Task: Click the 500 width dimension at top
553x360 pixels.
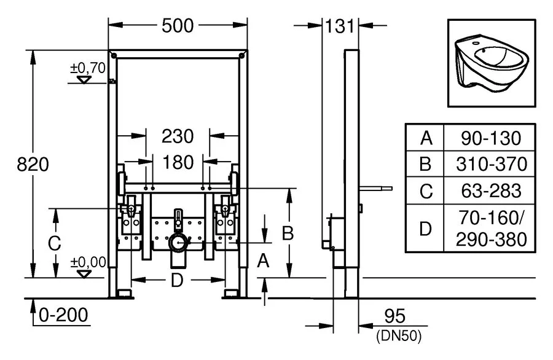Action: coord(178,25)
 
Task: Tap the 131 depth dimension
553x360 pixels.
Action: coord(340,25)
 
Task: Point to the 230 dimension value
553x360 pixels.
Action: coord(178,135)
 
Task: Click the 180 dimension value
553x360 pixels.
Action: coord(178,162)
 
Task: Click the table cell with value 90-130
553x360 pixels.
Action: coord(491,138)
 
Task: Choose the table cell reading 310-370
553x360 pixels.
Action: coord(491,164)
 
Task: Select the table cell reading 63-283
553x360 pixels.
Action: coord(491,190)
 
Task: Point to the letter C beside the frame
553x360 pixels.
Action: coord(54,243)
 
